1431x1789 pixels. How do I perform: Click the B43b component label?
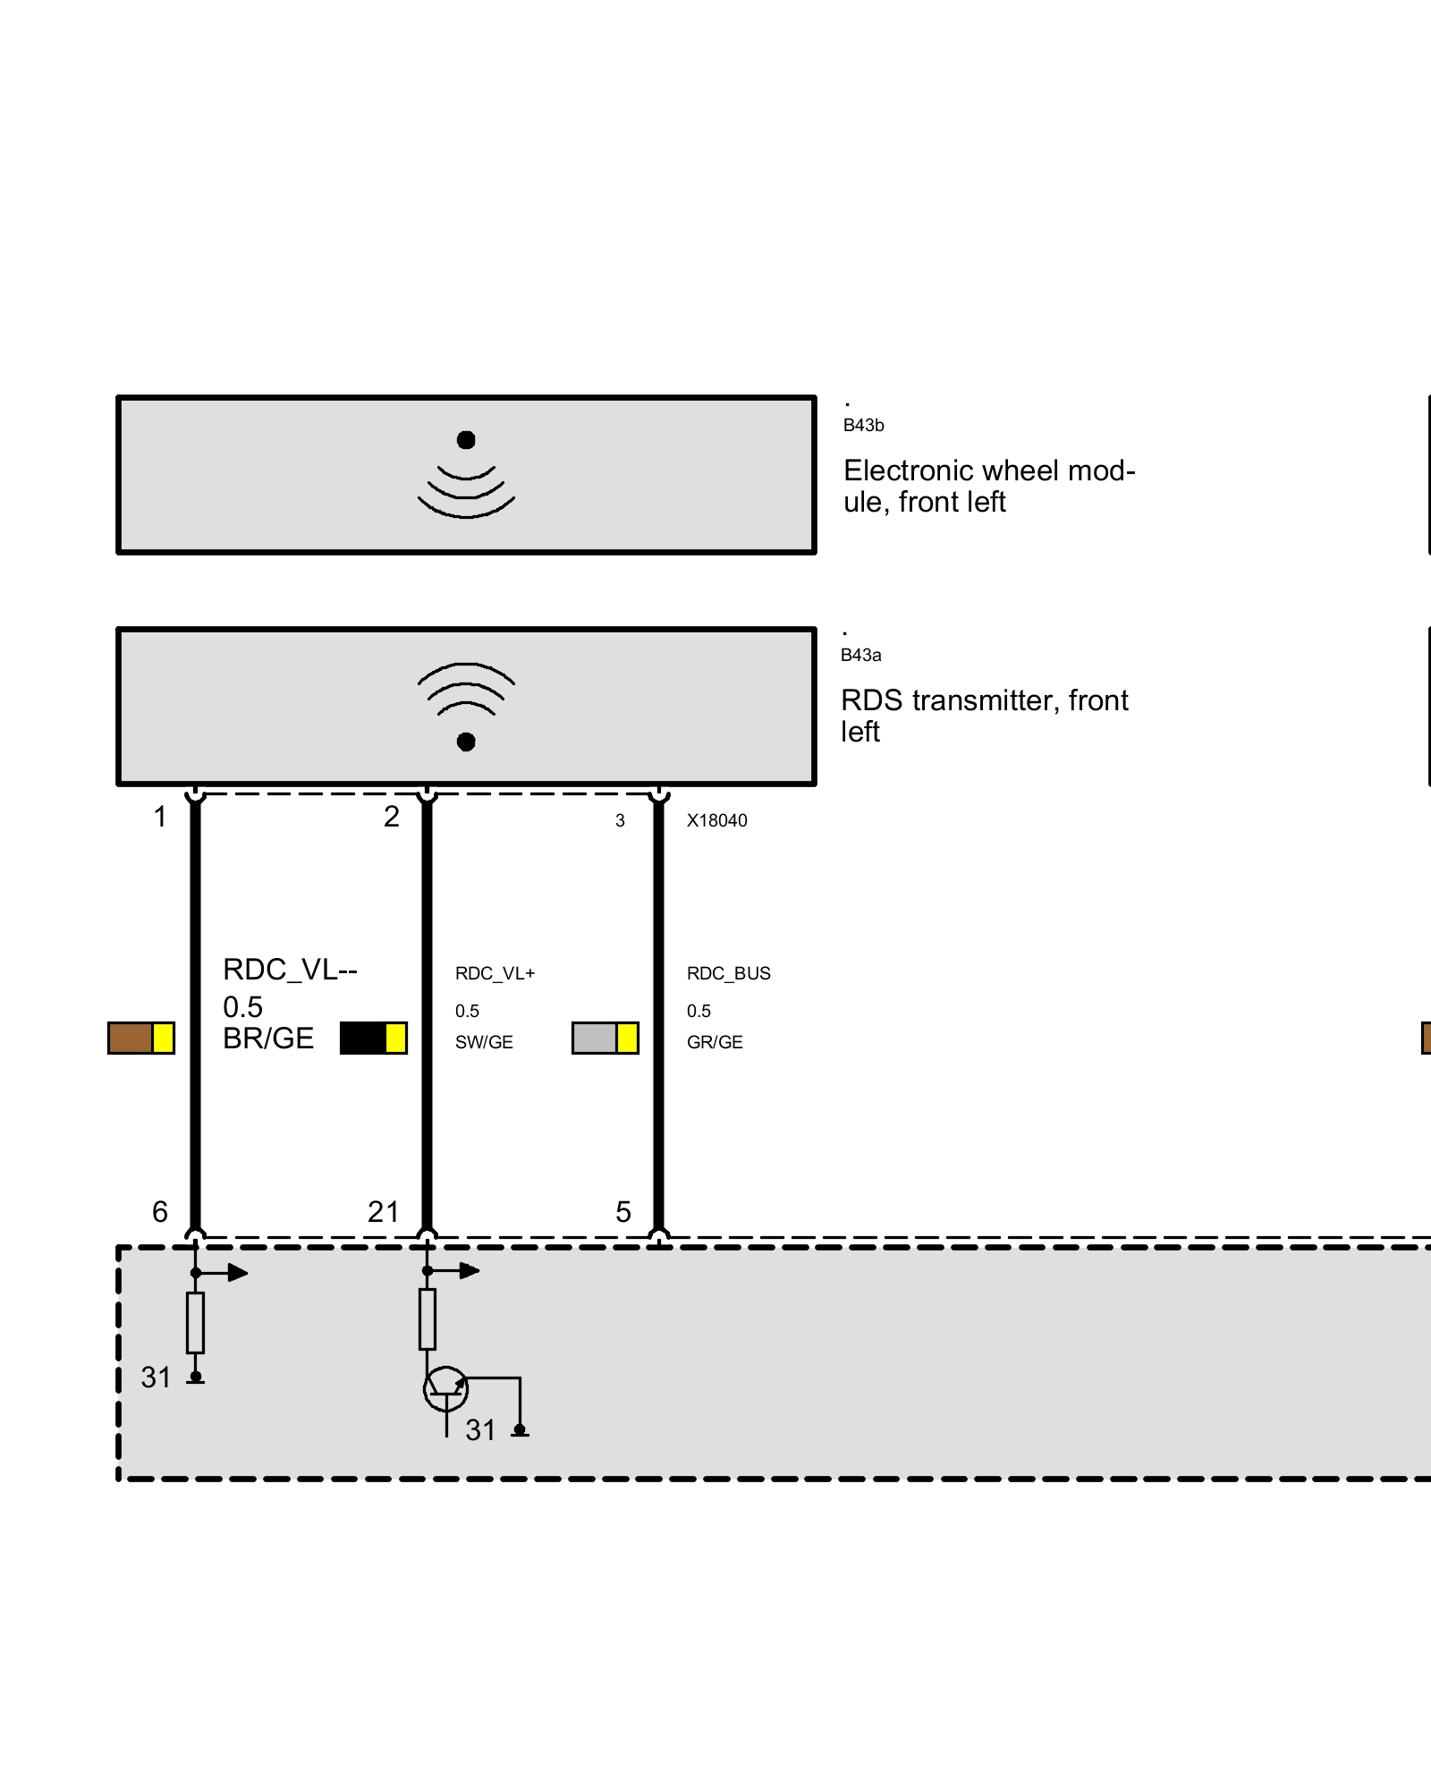(863, 426)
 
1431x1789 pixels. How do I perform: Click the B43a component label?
(860, 656)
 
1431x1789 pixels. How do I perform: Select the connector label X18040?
(716, 821)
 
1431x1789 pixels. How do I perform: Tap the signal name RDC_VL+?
(495, 973)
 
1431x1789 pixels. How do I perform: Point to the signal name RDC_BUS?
(728, 973)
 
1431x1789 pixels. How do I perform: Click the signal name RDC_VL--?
(290, 970)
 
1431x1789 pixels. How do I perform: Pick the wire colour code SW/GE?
(484, 1042)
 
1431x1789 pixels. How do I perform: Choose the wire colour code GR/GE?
(715, 1042)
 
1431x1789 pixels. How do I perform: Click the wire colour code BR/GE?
(268, 1039)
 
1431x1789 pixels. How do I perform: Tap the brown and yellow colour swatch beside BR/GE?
(141, 1039)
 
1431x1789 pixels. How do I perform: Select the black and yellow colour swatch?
(374, 1039)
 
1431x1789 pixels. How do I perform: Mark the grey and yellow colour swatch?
(605, 1039)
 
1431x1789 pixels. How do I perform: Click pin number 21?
(384, 1212)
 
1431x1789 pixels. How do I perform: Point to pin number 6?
(160, 1212)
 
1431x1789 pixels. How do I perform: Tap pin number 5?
(623, 1212)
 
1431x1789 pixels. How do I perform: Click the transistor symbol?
(445, 1389)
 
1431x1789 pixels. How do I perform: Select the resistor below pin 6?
(195, 1322)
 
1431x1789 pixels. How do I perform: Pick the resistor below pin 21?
(428, 1319)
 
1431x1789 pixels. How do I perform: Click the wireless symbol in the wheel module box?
(466, 479)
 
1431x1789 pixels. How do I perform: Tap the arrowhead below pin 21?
(470, 1270)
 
